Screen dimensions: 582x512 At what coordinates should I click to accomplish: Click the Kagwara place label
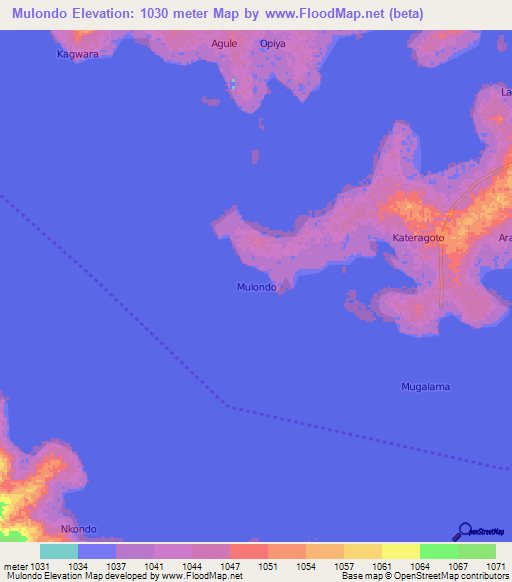(77, 55)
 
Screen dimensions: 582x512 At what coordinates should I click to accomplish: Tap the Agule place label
(224, 44)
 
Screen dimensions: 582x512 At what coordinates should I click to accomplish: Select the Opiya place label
(272, 44)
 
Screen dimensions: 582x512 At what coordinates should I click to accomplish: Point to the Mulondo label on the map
(256, 286)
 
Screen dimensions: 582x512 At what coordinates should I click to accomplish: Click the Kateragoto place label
(418, 239)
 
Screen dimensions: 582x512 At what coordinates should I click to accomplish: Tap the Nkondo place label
(79, 529)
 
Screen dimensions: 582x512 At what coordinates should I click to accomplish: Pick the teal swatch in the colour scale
(58, 551)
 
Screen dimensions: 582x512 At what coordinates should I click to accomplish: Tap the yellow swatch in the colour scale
(400, 551)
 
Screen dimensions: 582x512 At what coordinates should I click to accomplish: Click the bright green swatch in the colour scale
(438, 551)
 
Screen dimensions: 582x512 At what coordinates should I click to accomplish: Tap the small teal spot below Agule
(233, 84)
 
